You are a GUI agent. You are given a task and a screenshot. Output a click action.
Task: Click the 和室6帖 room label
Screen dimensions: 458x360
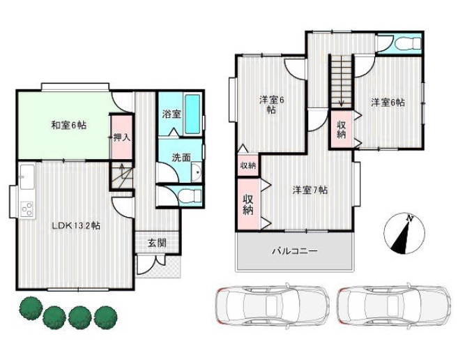point(68,126)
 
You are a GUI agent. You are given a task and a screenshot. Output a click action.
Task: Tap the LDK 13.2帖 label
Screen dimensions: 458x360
point(76,226)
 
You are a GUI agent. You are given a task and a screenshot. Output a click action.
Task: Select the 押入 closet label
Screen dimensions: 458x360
point(122,137)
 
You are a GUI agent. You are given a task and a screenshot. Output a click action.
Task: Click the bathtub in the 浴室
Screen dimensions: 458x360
point(192,114)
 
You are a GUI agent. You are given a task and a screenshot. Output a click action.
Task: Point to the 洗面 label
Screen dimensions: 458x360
point(181,158)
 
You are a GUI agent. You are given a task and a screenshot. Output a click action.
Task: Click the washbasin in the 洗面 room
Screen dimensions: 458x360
point(197,172)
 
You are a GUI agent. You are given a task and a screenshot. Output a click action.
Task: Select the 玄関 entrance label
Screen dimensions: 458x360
point(157,242)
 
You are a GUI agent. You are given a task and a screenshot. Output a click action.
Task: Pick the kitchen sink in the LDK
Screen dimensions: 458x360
point(27,177)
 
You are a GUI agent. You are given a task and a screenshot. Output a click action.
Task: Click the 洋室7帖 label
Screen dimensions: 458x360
point(310,190)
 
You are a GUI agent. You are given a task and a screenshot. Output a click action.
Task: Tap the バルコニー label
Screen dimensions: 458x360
point(295,251)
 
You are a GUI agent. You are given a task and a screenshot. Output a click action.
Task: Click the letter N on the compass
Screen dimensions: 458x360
point(411,218)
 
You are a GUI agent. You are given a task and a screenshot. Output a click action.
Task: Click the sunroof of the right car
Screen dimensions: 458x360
point(393,305)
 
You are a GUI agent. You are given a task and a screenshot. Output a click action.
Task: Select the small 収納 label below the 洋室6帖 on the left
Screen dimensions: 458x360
point(248,165)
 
